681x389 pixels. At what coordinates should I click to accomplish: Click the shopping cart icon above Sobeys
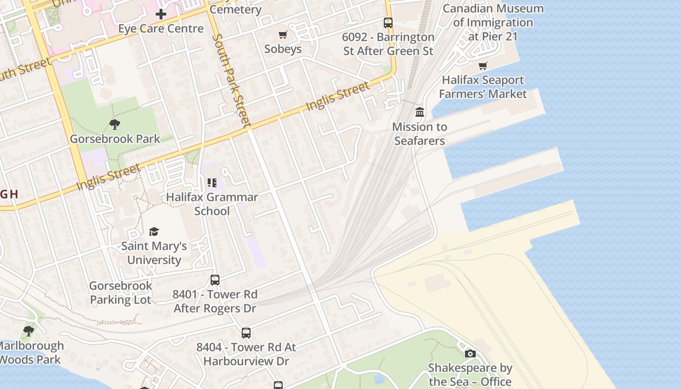[283, 35]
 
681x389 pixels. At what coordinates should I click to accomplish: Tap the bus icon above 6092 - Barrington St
[388, 22]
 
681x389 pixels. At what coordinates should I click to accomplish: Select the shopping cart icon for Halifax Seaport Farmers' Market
[483, 66]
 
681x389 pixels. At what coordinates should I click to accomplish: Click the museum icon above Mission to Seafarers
[419, 112]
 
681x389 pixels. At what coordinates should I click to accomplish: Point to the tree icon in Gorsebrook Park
[115, 124]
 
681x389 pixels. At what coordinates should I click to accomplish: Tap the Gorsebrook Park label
[115, 139]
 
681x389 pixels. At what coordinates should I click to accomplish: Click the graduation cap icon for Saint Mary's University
[154, 231]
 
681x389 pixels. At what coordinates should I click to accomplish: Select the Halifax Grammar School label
[212, 204]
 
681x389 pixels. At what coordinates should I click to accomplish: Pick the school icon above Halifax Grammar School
[212, 183]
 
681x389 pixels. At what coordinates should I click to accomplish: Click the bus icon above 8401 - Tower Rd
[215, 280]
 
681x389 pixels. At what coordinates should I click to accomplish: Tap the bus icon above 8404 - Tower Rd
[246, 333]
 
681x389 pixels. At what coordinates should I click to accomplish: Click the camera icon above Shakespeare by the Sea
[470, 354]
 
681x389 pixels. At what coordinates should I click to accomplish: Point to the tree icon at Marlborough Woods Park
[29, 332]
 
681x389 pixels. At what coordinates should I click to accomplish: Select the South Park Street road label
[232, 80]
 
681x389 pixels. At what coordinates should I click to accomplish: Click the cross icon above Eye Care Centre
[161, 14]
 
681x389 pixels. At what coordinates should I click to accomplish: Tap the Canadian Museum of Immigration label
[493, 22]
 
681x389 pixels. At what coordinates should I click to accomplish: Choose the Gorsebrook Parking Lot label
[121, 293]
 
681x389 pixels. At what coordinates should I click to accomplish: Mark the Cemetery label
[235, 9]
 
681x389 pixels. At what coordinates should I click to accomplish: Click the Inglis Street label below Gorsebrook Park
[108, 177]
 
